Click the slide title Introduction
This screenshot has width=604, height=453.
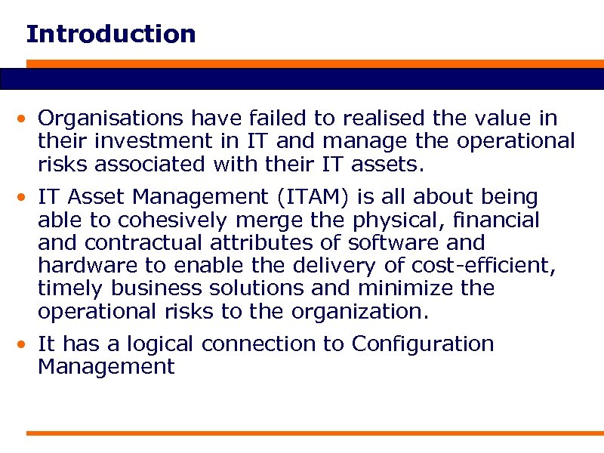(x=110, y=34)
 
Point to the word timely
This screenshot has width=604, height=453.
(x=75, y=288)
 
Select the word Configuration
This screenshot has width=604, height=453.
(x=422, y=345)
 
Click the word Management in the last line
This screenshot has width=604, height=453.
(x=106, y=368)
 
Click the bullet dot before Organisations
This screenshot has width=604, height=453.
(x=26, y=119)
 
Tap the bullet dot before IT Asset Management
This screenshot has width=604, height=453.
(x=26, y=199)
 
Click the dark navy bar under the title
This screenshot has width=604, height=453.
(x=302, y=79)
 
